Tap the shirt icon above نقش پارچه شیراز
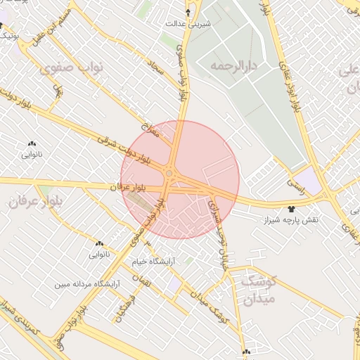291,209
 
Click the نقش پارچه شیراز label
290,220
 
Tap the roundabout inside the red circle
169,173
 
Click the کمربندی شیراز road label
15,316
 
